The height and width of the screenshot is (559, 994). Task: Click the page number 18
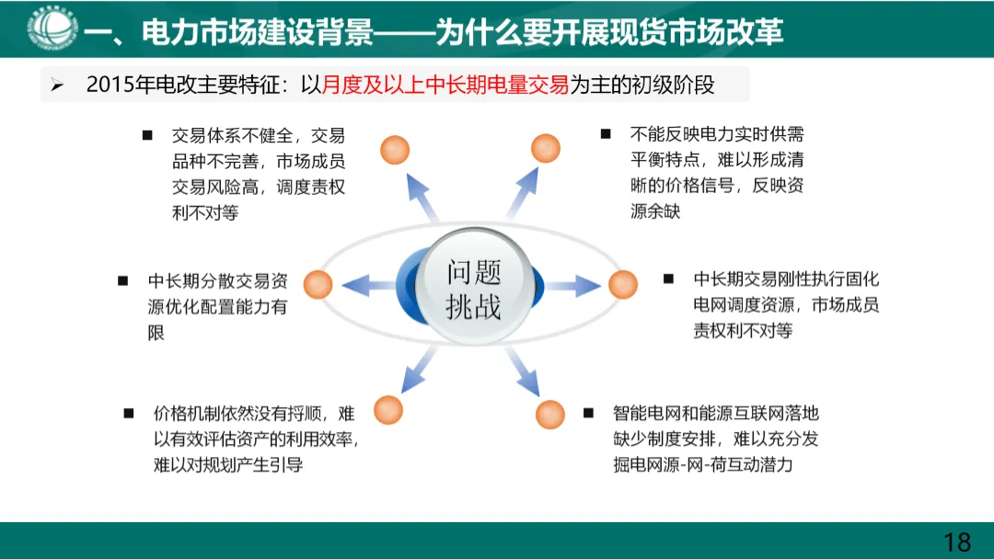[957, 541]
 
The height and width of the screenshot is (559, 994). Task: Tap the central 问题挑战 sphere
[474, 288]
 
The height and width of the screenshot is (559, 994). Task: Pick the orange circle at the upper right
[546, 147]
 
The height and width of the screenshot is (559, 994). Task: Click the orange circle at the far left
[318, 284]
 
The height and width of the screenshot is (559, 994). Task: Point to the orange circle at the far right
[622, 284]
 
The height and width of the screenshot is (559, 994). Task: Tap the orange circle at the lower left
[388, 409]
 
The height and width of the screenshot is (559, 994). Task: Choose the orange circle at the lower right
[549, 414]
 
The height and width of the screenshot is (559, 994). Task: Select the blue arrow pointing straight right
[574, 285]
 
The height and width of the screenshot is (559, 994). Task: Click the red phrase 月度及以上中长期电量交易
[445, 86]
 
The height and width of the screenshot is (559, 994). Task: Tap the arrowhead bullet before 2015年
[57, 86]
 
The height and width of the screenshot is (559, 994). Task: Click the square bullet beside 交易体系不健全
[146, 135]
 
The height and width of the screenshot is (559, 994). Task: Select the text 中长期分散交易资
[217, 280]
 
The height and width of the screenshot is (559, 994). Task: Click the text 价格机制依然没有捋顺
[244, 412]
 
